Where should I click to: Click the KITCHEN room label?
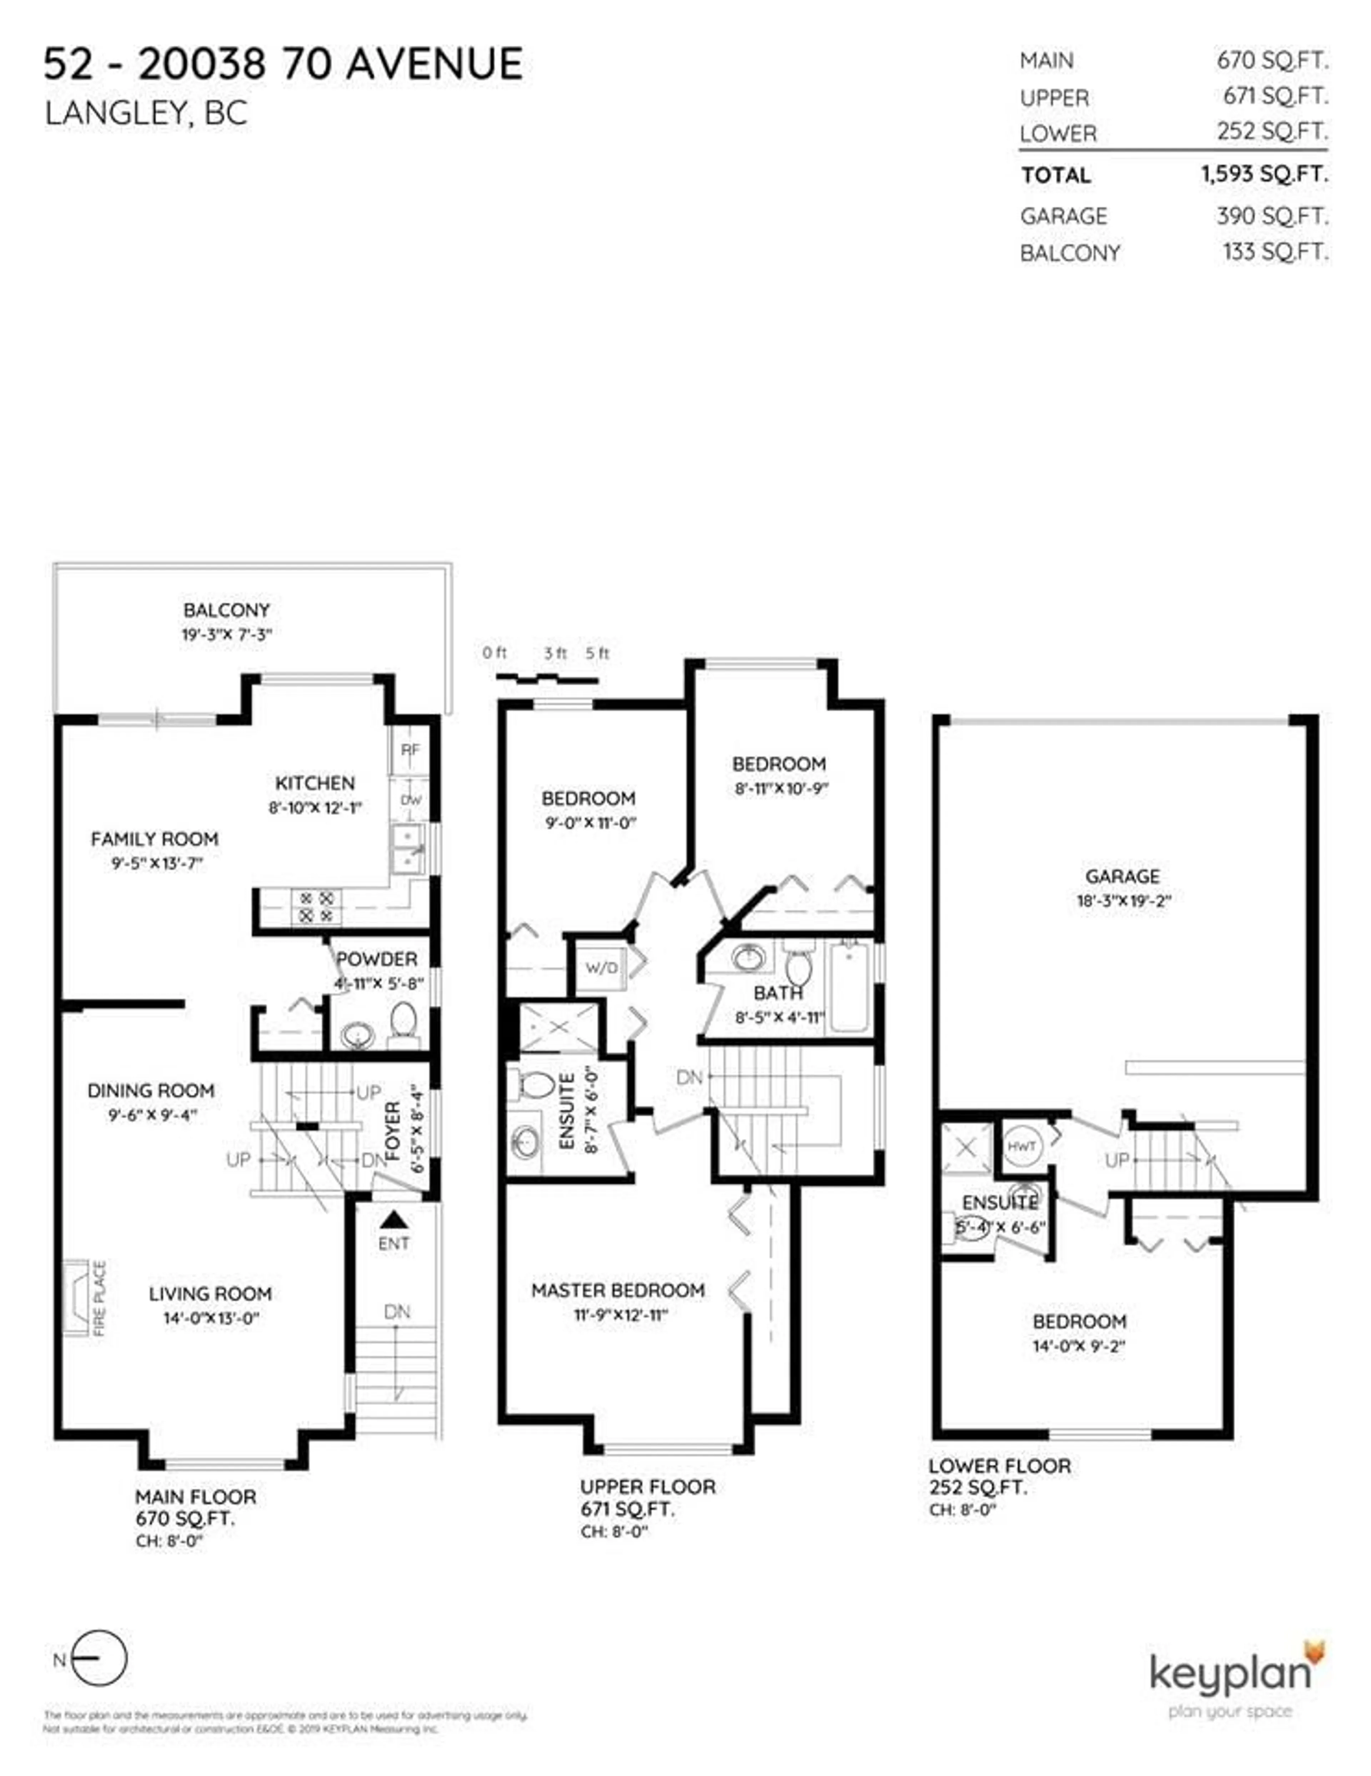tap(315, 783)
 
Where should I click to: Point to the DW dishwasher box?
tap(411, 800)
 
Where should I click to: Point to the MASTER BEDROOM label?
tap(617, 1291)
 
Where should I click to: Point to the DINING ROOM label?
tap(151, 1091)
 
